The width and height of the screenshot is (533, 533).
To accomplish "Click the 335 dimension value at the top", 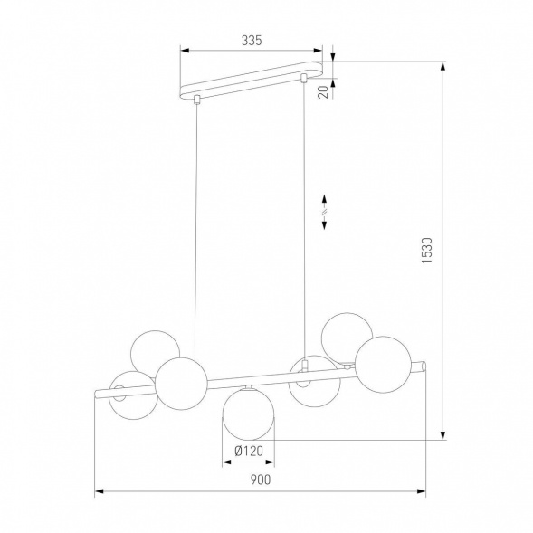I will pyautogui.click(x=252, y=39).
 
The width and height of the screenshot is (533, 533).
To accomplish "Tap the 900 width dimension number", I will pyautogui.click(x=260, y=481).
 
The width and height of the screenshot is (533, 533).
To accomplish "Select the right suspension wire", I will pyautogui.click(x=303, y=217).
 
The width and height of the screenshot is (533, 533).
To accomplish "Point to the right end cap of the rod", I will pyautogui.click(x=421, y=365).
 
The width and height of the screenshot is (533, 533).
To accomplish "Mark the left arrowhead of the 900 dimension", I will pyautogui.click(x=100, y=492).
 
